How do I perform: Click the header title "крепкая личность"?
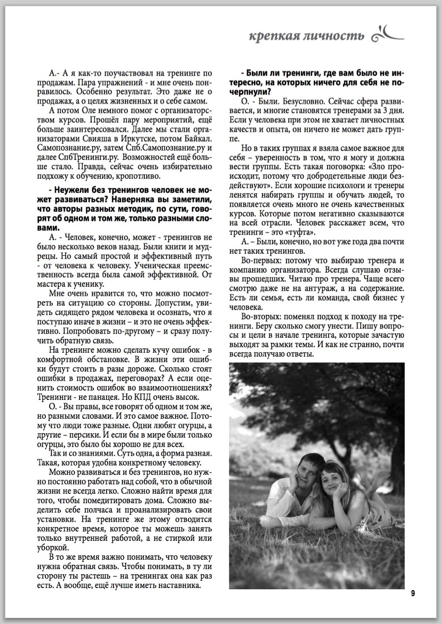[306, 35]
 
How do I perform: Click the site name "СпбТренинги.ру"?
[82, 157]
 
